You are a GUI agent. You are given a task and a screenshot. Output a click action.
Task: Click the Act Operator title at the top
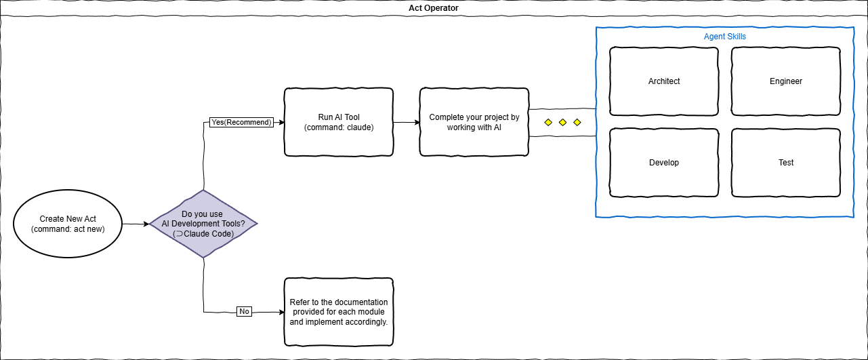point(434,8)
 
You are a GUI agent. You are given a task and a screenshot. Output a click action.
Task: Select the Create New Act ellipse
point(68,223)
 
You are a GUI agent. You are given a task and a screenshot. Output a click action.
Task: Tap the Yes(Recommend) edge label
point(241,123)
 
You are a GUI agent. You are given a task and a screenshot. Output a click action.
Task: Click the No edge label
point(244,311)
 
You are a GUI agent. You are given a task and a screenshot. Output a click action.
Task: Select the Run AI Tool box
point(339,122)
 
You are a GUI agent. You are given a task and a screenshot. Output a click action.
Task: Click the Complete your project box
point(474,122)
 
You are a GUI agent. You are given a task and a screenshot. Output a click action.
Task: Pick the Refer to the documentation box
point(339,312)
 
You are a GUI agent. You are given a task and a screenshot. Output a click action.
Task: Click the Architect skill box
point(664,81)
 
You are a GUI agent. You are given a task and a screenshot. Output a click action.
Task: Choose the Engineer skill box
point(786,81)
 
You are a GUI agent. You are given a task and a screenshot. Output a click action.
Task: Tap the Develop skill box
point(664,163)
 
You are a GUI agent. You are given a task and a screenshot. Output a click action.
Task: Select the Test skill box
point(786,163)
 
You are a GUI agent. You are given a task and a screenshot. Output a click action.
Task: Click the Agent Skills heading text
point(725,37)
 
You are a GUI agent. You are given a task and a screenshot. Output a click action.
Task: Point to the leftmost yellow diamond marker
point(547,123)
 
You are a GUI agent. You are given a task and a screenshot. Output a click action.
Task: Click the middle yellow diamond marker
point(562,123)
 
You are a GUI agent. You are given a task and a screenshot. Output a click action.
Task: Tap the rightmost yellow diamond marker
point(577,123)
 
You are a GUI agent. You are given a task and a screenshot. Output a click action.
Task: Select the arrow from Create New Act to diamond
point(136,223)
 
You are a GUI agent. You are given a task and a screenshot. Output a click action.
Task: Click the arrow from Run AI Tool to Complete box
point(407,123)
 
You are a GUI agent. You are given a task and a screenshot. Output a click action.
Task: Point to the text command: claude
point(339,127)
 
